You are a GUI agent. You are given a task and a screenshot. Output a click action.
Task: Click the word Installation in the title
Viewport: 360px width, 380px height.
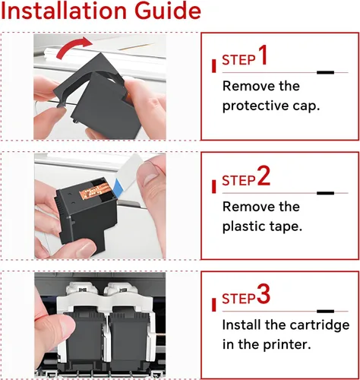[x=64, y=11]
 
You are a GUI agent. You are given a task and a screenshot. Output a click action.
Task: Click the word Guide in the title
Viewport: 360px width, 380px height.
[x=167, y=11]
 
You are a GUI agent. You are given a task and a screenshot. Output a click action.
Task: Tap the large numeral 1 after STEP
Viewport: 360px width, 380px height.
[x=263, y=55]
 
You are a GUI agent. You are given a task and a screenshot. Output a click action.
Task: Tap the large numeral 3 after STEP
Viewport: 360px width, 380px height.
[x=264, y=294]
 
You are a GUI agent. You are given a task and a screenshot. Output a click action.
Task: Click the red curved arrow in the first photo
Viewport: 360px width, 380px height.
[x=74, y=48]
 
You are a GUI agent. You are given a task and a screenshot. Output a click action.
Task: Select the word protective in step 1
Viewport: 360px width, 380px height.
[x=255, y=106]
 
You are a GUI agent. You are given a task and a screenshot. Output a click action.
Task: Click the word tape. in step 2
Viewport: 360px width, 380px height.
[x=288, y=226]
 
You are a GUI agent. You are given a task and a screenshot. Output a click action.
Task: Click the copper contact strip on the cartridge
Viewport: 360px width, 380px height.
[x=93, y=192]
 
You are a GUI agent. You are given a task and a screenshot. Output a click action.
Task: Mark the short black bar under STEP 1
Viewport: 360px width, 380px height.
[x=325, y=72]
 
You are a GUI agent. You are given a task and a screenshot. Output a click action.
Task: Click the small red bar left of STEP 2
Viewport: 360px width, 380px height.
[x=214, y=186]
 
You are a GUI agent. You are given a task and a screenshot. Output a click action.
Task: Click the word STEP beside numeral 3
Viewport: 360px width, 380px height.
[x=238, y=299]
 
